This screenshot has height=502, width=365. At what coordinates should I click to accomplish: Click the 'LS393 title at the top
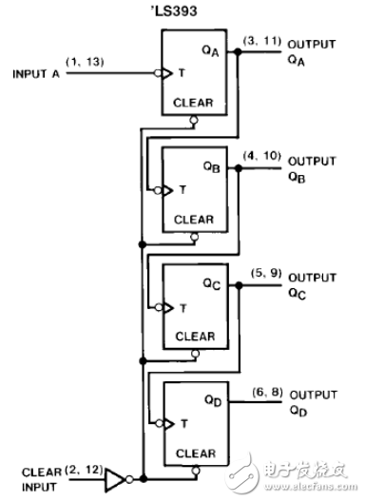click(182, 12)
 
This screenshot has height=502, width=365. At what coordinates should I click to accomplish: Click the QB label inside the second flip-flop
click(212, 166)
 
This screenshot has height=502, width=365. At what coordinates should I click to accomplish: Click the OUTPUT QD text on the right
click(313, 400)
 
